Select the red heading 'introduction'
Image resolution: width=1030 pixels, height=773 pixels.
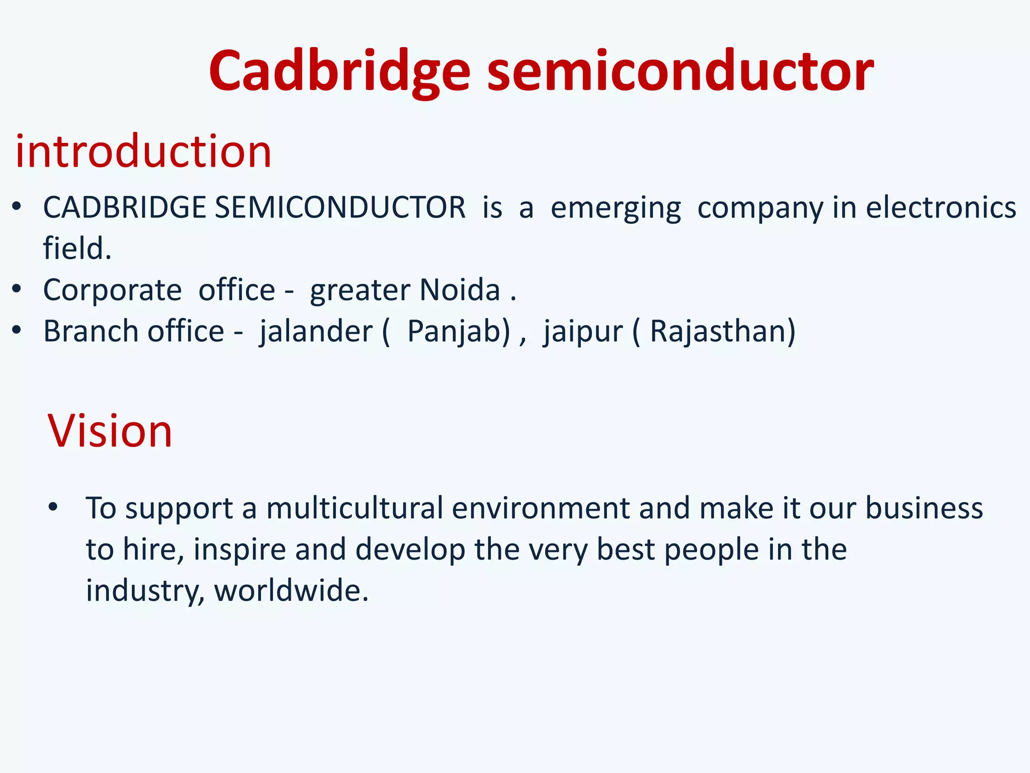click(x=143, y=151)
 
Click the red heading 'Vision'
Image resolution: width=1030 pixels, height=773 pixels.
click(x=110, y=431)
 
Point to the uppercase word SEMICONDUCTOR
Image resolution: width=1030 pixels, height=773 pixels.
click(x=340, y=207)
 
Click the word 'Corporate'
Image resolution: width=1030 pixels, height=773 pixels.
click(x=112, y=290)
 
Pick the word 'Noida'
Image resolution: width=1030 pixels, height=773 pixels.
click(x=460, y=290)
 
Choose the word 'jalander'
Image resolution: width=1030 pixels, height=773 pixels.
click(x=315, y=332)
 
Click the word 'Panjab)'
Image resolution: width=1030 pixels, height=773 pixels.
click(x=458, y=332)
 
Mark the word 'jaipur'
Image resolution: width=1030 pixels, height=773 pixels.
click(x=583, y=332)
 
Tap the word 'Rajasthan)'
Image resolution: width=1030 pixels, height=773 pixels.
click(x=723, y=331)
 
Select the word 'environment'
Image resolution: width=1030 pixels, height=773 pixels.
click(x=541, y=508)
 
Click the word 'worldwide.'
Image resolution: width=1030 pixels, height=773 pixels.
click(x=291, y=590)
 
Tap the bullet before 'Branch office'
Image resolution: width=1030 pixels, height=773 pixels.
click(x=17, y=330)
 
